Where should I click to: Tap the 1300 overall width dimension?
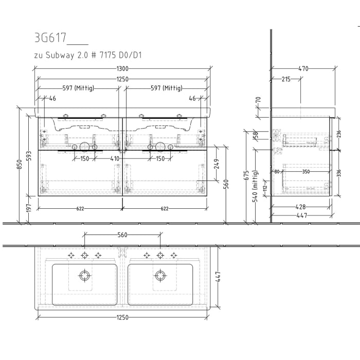pyautogui.click(x=122, y=68)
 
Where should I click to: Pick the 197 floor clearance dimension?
pyautogui.click(x=29, y=208)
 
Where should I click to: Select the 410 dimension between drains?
pyautogui.click(x=114, y=158)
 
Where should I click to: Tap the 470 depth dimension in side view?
pyautogui.click(x=303, y=68)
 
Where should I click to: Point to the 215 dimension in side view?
pyautogui.click(x=286, y=79)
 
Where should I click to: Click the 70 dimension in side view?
pyautogui.click(x=258, y=100)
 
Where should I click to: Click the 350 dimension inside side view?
pyautogui.click(x=306, y=172)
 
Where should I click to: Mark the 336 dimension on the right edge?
pyautogui.click(x=338, y=173)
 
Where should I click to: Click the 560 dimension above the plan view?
pyautogui.click(x=122, y=235)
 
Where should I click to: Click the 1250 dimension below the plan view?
pyautogui.click(x=122, y=317)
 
